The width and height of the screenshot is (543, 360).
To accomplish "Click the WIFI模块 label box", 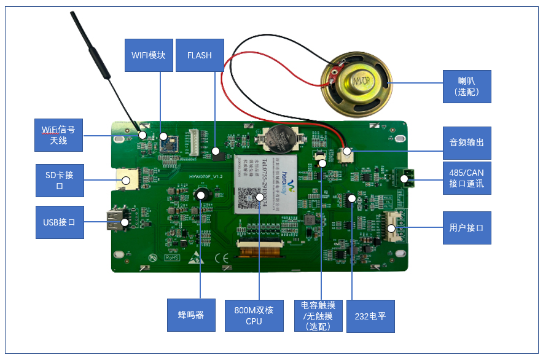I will (149, 55).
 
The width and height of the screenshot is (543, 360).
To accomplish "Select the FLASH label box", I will (199, 55).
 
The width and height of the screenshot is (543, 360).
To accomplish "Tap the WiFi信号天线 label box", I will (58, 135).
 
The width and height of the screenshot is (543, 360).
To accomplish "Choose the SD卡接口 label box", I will (59, 180).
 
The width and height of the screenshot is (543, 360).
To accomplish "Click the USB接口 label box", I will (59, 222).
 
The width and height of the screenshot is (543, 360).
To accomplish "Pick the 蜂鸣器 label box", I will (191, 315).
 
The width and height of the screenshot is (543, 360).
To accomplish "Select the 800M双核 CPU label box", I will (254, 315).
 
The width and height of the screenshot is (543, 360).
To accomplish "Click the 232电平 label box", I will (370, 316).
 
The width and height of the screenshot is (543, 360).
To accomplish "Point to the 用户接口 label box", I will (466, 227).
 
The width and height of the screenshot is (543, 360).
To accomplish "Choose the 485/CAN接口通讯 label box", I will (466, 178).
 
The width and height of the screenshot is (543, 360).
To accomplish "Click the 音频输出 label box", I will (466, 143).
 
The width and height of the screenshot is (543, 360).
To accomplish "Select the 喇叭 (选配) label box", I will (466, 86).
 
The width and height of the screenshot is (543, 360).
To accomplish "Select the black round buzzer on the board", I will (201, 195).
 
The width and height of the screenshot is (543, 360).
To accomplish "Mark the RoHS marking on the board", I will (171, 257).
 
